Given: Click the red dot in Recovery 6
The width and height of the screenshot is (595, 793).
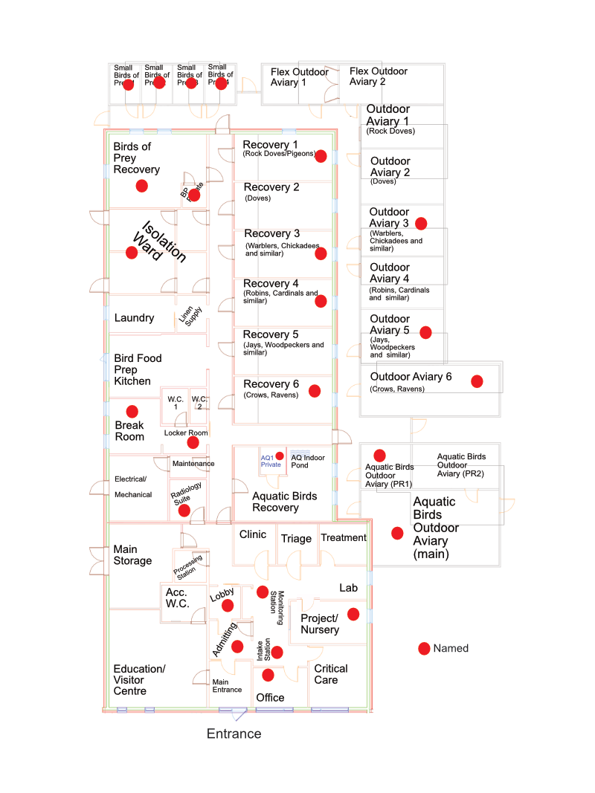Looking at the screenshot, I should pyautogui.click(x=315, y=391).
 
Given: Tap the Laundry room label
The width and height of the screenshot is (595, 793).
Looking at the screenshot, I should pyautogui.click(x=134, y=318).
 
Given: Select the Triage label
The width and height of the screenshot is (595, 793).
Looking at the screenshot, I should pyautogui.click(x=296, y=539).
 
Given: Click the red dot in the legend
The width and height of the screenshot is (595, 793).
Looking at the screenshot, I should pyautogui.click(x=424, y=649).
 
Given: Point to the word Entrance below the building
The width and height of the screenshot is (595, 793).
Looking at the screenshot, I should pyautogui.click(x=234, y=734).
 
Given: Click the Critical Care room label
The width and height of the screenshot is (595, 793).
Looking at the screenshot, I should pyautogui.click(x=330, y=674).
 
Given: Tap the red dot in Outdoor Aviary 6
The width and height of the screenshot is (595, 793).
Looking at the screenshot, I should pyautogui.click(x=477, y=381).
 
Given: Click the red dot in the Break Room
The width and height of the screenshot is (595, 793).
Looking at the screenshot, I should pyautogui.click(x=132, y=411).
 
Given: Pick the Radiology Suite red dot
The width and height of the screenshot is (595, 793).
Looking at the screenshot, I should pyautogui.click(x=184, y=511).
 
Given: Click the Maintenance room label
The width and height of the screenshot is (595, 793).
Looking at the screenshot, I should pyautogui.click(x=193, y=464).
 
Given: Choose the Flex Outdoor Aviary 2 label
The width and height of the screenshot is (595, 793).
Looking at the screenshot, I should pyautogui.click(x=379, y=77).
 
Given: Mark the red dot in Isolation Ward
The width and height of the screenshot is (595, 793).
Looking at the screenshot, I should pyautogui.click(x=132, y=253).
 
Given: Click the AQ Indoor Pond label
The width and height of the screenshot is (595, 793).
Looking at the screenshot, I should pyautogui.click(x=308, y=462).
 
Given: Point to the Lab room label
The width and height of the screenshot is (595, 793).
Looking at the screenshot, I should pyautogui.click(x=348, y=588).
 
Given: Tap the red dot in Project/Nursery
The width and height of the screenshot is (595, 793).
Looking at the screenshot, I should pyautogui.click(x=353, y=614).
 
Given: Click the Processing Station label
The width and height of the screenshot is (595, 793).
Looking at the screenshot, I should pyautogui.click(x=189, y=567).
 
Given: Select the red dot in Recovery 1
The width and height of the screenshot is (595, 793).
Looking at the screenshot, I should pyautogui.click(x=321, y=156).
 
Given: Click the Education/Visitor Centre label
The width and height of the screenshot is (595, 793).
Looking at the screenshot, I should pyautogui.click(x=139, y=680).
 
